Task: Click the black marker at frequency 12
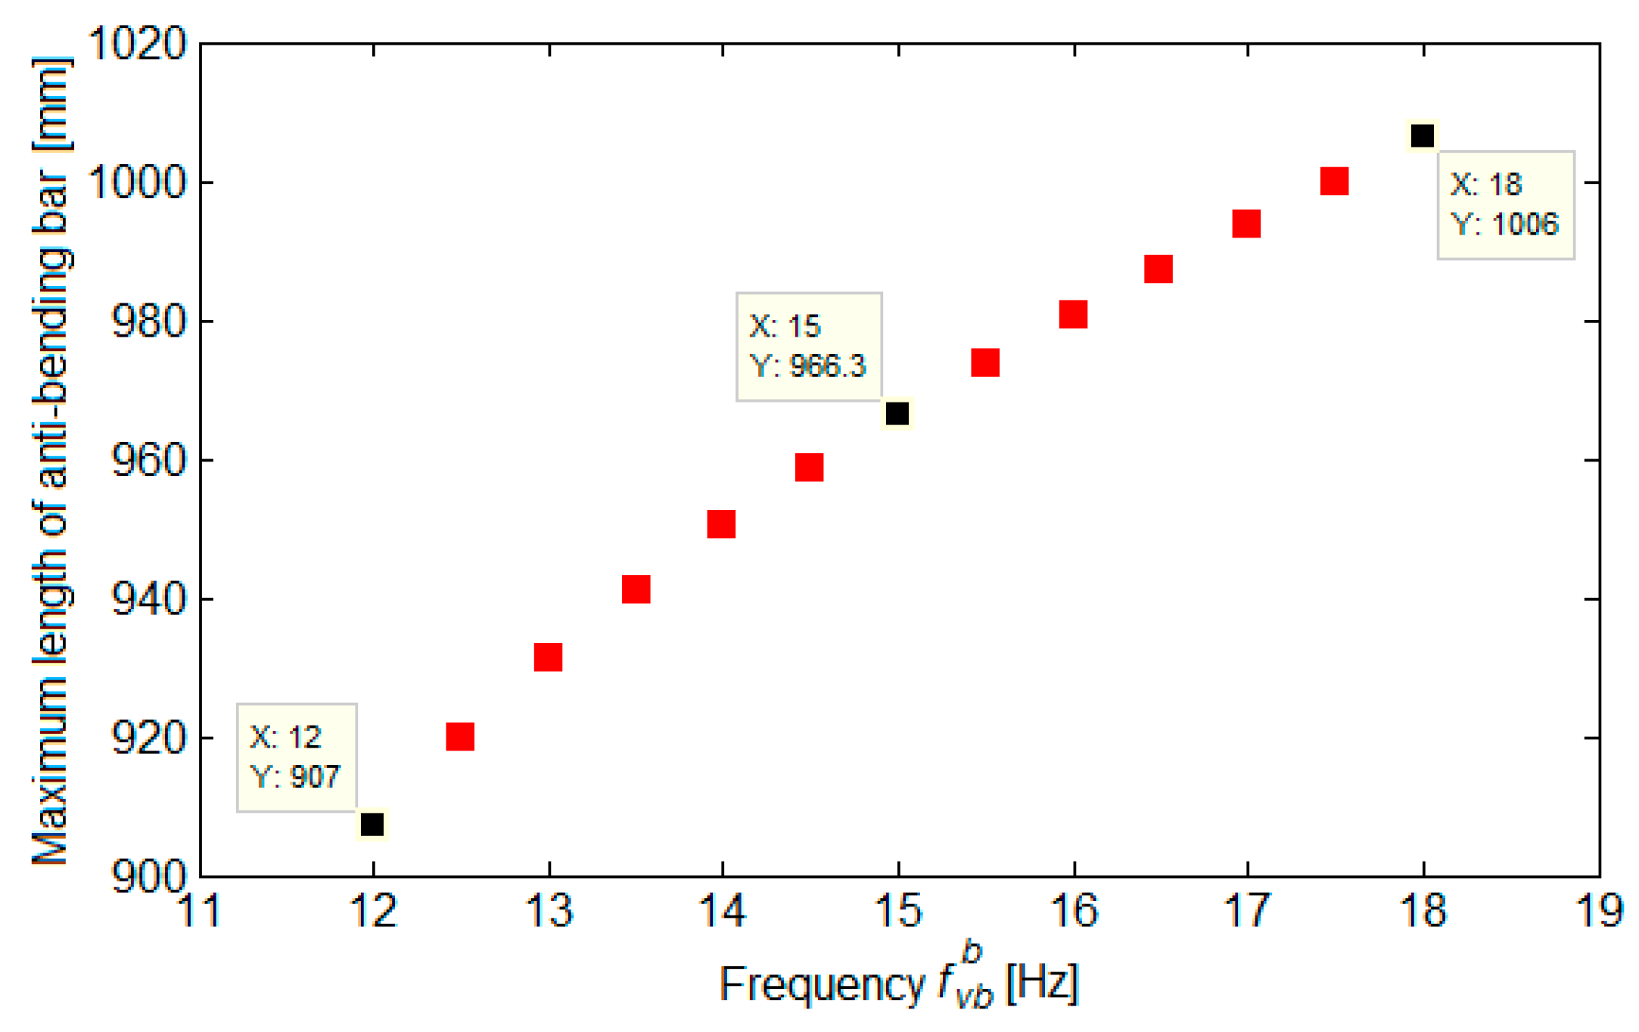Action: tap(372, 824)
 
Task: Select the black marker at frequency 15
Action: tap(897, 414)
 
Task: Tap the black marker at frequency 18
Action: tap(1422, 135)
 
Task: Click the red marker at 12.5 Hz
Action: tap(460, 735)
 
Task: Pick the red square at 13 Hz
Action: tap(548, 657)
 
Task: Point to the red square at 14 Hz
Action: tap(721, 524)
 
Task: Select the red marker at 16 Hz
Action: tap(1073, 314)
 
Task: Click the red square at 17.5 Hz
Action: tap(1334, 182)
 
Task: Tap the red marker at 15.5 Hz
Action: tap(985, 362)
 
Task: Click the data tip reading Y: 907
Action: tap(297, 757)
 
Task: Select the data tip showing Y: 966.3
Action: tap(809, 347)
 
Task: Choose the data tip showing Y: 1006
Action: tap(1505, 205)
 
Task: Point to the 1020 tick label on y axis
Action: tap(137, 43)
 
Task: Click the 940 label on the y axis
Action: tap(148, 599)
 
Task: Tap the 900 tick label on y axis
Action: tap(148, 876)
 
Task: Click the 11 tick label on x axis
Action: tap(200, 910)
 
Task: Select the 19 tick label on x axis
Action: tap(1599, 910)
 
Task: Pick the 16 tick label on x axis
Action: tap(1074, 910)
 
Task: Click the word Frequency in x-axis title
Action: tap(822, 984)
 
